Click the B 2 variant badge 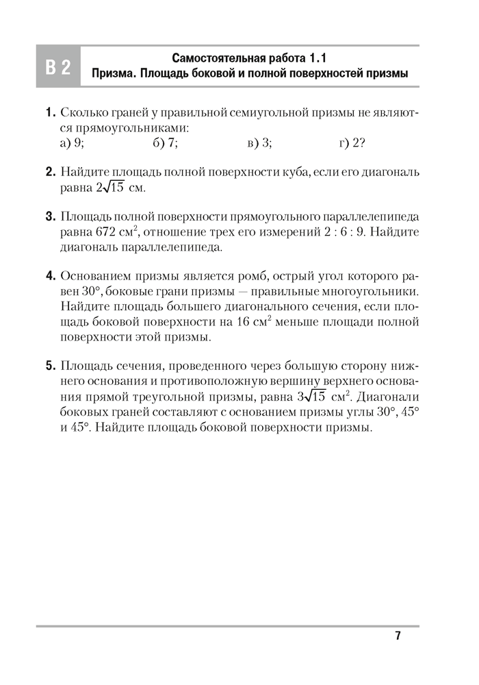click(58, 67)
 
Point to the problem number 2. click(51, 172)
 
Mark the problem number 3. click(51, 217)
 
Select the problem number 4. click(51, 277)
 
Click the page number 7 click(398, 636)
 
